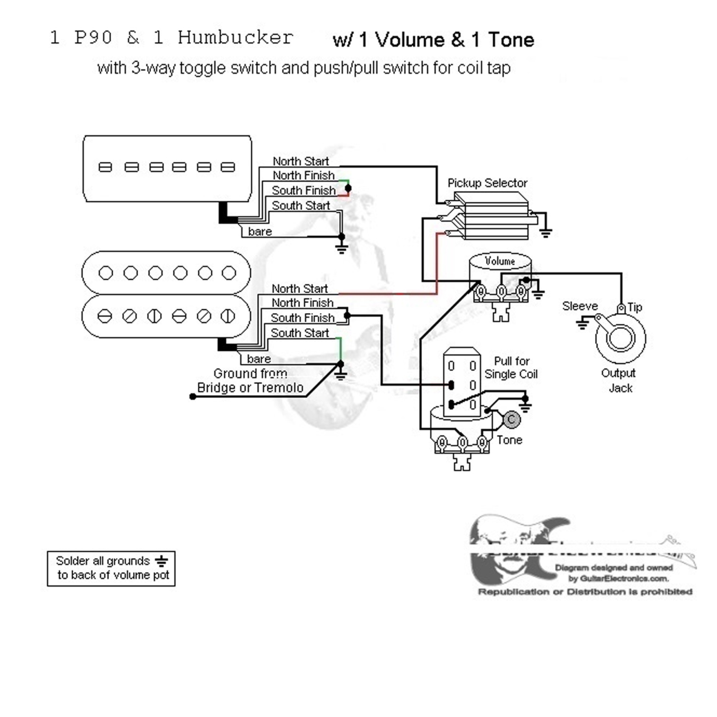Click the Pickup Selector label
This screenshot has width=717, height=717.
coord(487,183)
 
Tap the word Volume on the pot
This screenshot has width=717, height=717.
coord(500,261)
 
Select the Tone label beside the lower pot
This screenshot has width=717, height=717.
coord(509,440)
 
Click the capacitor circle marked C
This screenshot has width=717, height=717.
coord(511,420)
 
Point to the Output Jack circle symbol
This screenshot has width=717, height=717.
coord(620,338)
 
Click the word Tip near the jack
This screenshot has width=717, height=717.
coord(635,307)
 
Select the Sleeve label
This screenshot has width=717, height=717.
coord(580,306)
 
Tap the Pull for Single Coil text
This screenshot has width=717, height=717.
coord(511,368)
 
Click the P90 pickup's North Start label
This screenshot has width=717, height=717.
coord(301,161)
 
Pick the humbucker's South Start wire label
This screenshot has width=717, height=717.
coord(300,333)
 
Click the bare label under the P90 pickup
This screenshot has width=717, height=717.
coord(260,232)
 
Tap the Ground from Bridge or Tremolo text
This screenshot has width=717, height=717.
coord(250,380)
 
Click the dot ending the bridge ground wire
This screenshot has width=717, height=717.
coord(193,397)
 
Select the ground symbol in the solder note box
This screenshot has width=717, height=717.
coord(162,561)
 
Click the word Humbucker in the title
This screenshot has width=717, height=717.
coord(235,37)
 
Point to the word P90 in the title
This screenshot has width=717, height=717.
coord(93,37)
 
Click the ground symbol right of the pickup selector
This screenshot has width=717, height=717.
coord(545,232)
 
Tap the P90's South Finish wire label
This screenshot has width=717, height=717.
coord(304,190)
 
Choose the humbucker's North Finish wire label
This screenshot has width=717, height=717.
coord(303,303)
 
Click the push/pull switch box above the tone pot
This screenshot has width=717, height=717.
coord(462,382)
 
